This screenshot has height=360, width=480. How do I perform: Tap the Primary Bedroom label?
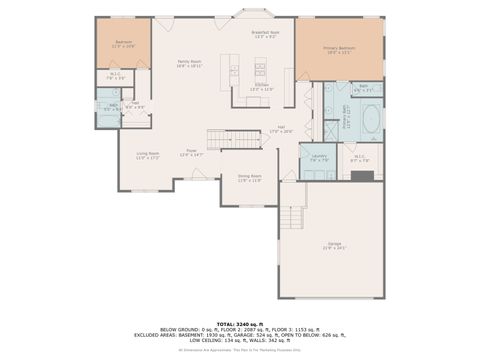click(x=339, y=49)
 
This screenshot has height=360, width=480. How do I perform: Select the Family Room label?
click(x=190, y=63)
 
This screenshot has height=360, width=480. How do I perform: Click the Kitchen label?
click(x=262, y=86)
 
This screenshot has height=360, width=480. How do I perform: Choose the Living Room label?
click(x=148, y=156)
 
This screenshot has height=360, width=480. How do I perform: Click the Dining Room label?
click(x=250, y=178)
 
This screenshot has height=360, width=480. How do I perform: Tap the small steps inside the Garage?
click(x=292, y=215)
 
